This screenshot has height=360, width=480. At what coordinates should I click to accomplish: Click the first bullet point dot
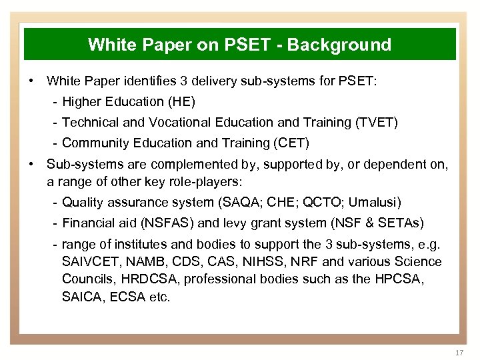[32, 81]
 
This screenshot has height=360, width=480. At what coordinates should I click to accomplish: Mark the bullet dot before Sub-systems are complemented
[32, 163]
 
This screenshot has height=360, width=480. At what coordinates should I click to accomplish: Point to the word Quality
[83, 202]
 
